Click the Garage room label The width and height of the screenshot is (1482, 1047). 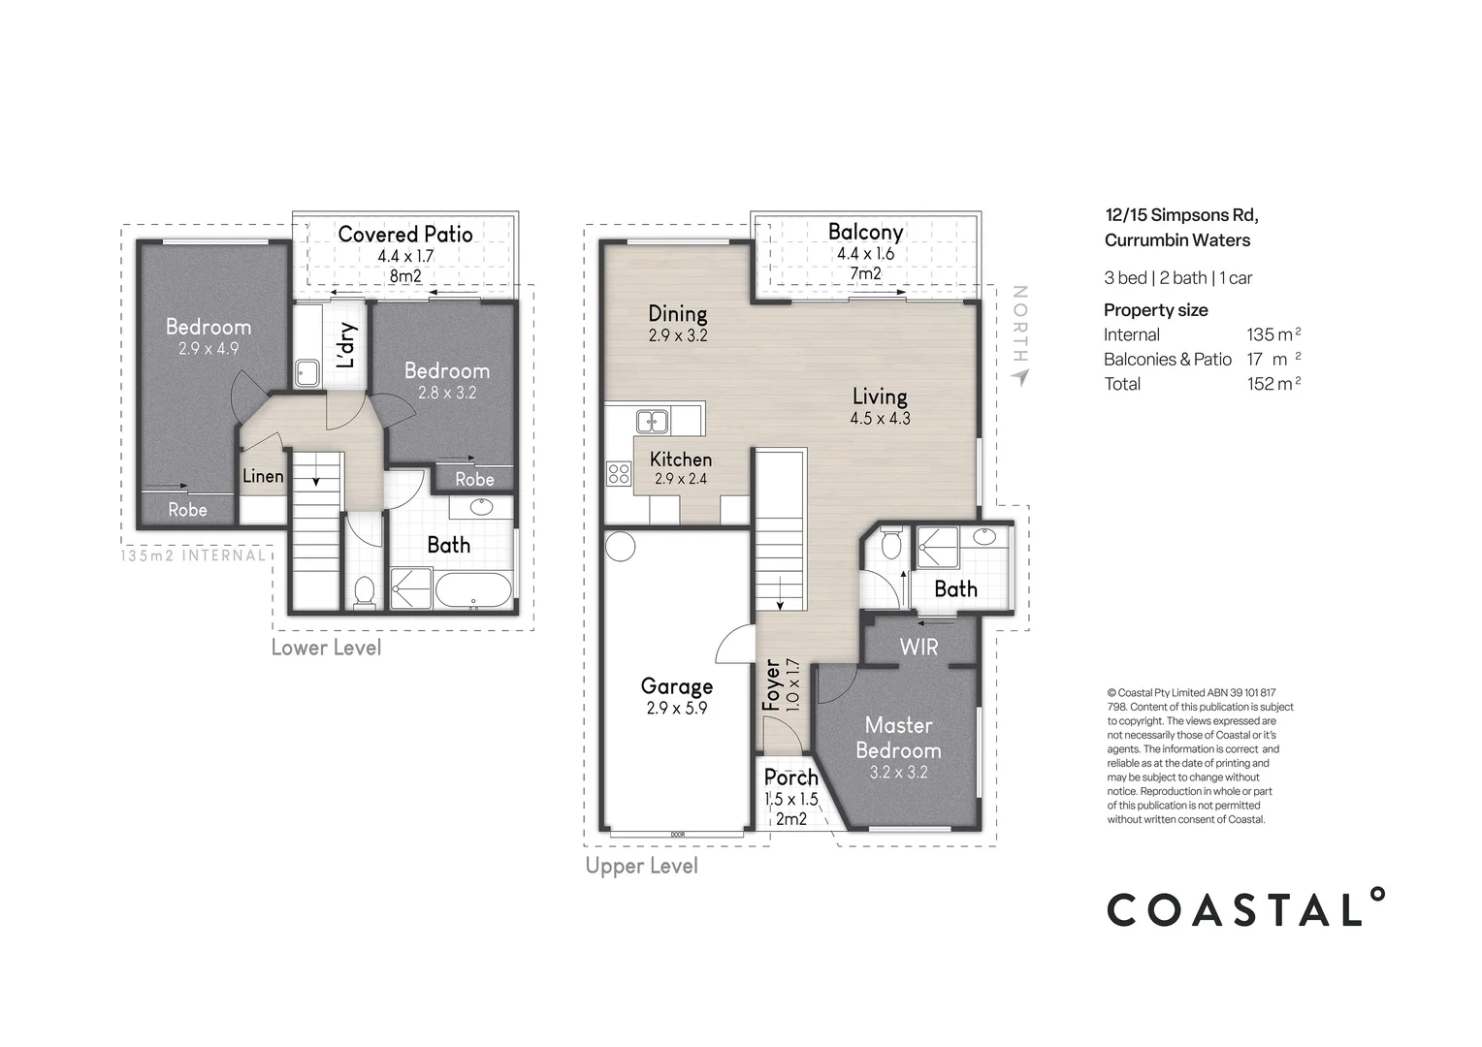click(x=676, y=686)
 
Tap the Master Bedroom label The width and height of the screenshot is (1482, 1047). click(x=898, y=738)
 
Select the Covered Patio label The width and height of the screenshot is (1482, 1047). click(x=405, y=234)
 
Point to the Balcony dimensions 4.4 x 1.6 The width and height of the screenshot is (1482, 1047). click(x=865, y=254)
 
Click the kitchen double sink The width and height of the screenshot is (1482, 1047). click(x=652, y=421)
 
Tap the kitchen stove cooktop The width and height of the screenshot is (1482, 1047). click(x=618, y=474)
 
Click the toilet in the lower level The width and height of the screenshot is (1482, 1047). click(x=365, y=591)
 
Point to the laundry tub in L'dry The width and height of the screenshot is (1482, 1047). click(x=307, y=373)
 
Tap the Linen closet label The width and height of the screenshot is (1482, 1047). click(x=263, y=476)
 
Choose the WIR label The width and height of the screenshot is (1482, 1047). click(x=918, y=646)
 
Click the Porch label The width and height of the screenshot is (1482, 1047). click(x=790, y=777)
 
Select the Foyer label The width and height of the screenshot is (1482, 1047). click(x=772, y=685)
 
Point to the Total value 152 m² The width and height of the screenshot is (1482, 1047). click(x=1273, y=384)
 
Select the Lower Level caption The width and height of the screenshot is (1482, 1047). click(x=326, y=648)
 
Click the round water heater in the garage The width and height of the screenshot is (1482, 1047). click(x=621, y=546)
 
